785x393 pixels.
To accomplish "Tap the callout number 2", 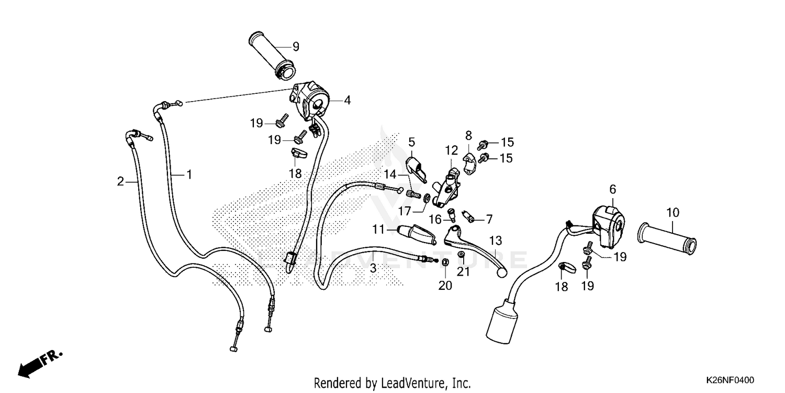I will (x=121, y=181).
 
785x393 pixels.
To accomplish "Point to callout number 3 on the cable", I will (x=373, y=268).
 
